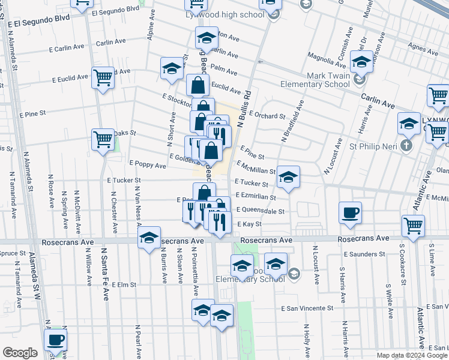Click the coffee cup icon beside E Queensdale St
[350, 212]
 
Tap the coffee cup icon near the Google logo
[56, 338]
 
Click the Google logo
[20, 353]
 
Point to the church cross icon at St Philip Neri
[406, 145]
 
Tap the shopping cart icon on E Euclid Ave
[103, 77]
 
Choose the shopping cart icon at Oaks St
[103, 139]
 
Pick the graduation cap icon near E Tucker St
[288, 176]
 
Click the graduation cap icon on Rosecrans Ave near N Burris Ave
[149, 238]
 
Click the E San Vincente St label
[307, 308]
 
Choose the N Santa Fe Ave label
[104, 274]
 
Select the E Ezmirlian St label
[256, 196]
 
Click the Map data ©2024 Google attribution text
[411, 355]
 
